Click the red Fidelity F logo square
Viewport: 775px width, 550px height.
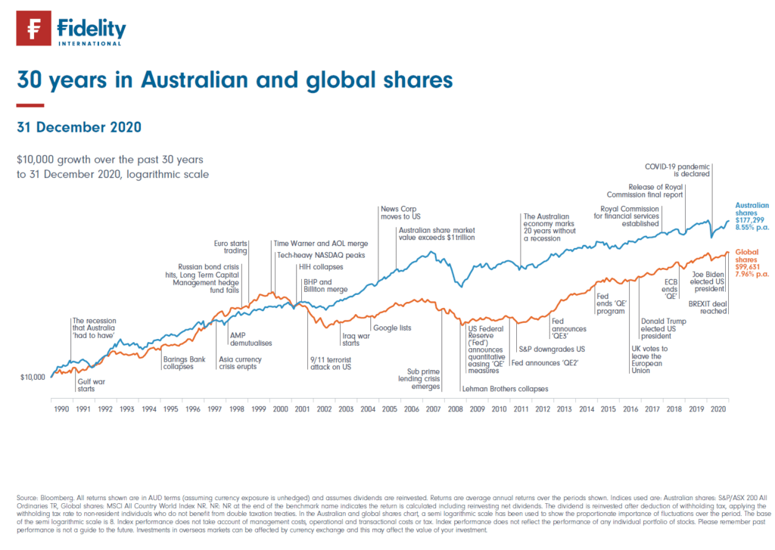34,30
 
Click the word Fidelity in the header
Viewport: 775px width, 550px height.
91,27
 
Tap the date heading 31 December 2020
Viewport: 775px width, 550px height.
79,127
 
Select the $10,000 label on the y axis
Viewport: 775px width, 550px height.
32,376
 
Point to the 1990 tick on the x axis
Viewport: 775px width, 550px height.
61,409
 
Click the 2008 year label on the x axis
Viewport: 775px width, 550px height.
456,409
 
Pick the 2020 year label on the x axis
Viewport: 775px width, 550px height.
717,409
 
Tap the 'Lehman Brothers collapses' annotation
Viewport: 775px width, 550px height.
505,389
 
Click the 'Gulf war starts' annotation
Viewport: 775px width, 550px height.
91,387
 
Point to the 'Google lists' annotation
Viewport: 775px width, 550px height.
392,328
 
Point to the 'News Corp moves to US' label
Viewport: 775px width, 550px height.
399,213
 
